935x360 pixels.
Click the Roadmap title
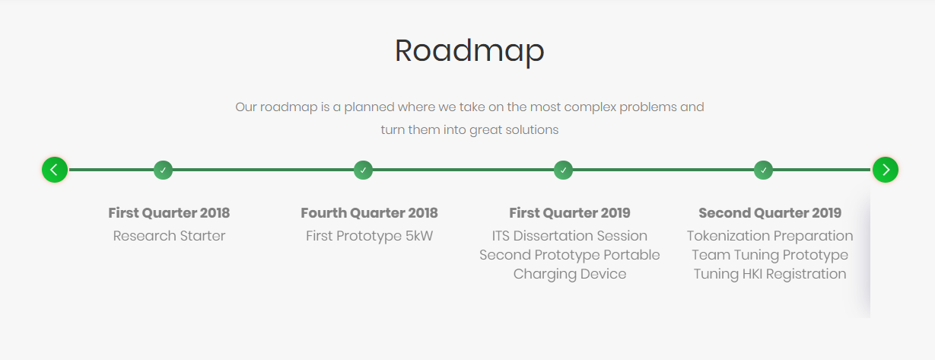tap(469, 51)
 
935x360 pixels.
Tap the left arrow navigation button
tap(55, 170)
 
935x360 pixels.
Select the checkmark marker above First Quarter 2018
tap(164, 170)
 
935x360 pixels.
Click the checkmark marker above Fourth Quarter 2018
tap(363, 170)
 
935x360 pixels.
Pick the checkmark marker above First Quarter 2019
tap(564, 170)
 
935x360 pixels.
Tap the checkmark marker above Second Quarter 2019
tap(764, 170)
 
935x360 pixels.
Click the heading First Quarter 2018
tap(169, 213)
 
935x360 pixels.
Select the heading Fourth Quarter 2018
tap(370, 213)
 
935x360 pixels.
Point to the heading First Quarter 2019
tap(570, 213)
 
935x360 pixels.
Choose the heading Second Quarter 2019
tap(770, 213)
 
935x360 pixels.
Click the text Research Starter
tap(169, 236)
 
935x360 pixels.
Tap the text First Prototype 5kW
tap(370, 237)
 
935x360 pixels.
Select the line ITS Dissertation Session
tap(570, 236)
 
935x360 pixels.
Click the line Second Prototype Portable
tap(570, 255)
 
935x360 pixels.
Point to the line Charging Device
tap(570, 275)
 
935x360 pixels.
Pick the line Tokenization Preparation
tap(770, 237)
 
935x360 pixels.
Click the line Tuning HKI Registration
tap(770, 275)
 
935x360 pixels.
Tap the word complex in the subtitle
tap(590, 108)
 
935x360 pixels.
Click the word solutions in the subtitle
tap(532, 130)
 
